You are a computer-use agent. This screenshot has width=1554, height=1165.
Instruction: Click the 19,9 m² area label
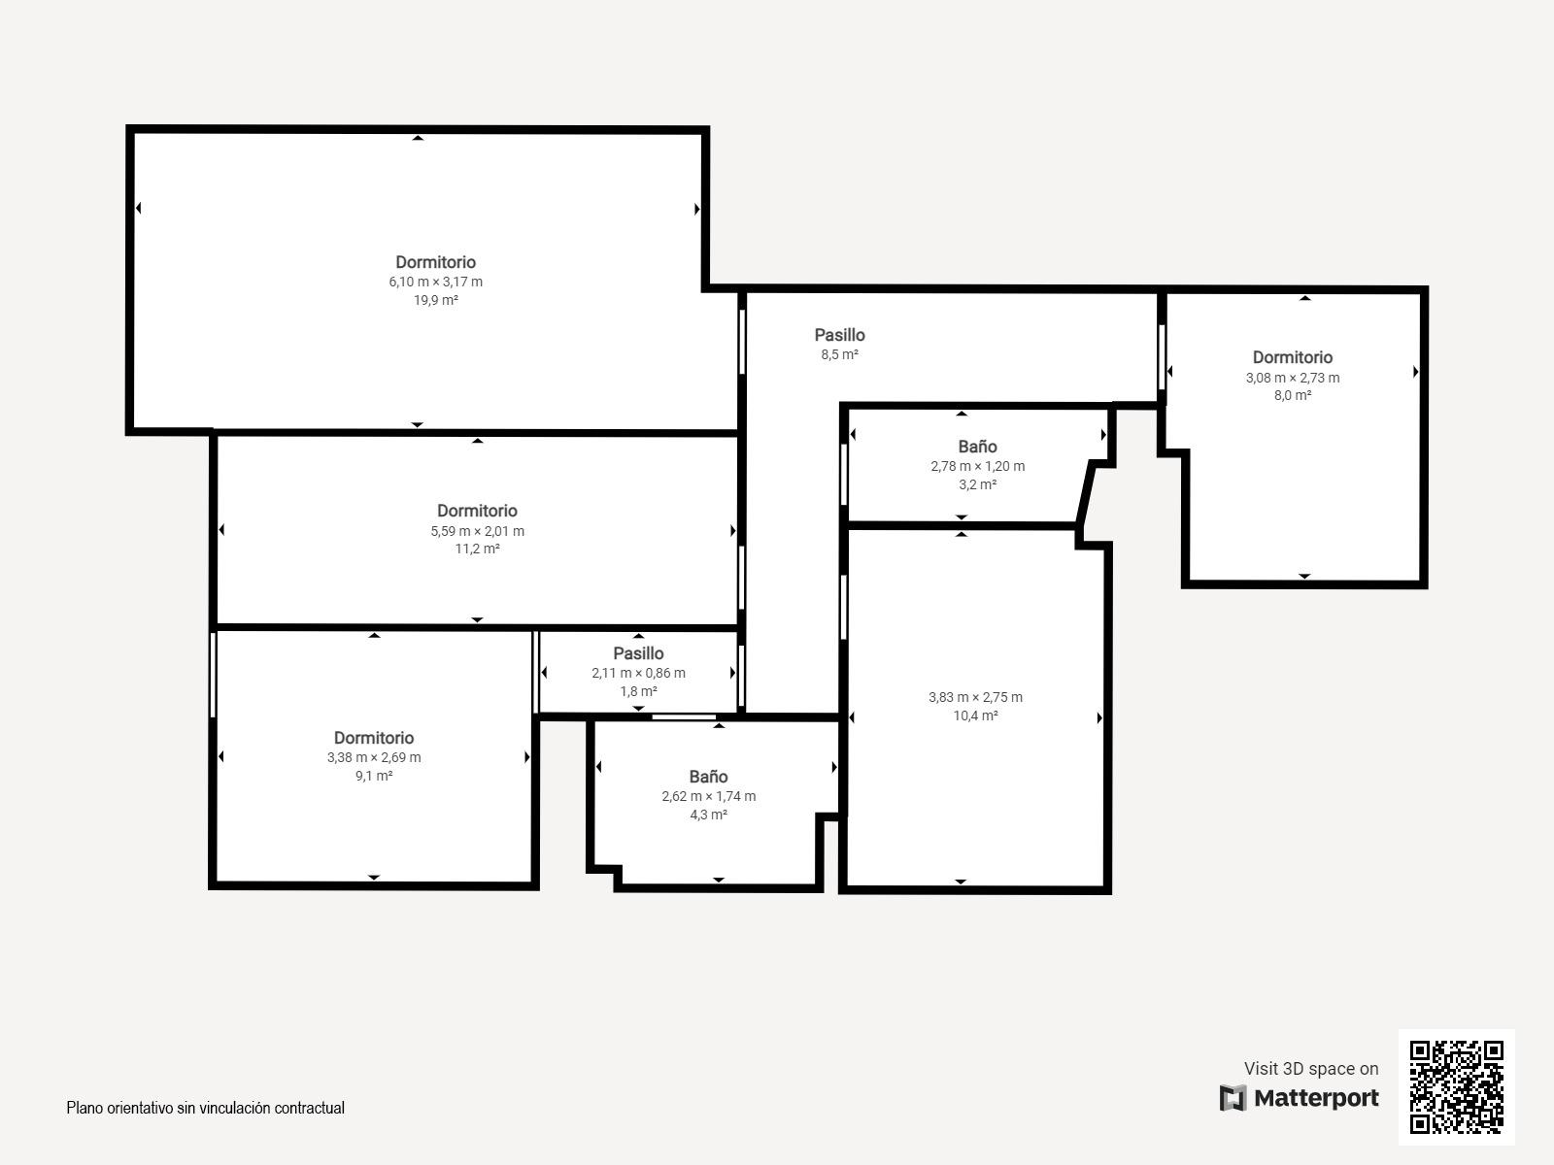pos(435,300)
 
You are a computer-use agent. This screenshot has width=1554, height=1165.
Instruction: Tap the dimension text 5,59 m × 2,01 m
pos(477,530)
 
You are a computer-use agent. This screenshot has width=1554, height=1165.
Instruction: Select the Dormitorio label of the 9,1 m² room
pos(374,738)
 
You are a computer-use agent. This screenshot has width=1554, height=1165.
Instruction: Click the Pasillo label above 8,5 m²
pos(840,335)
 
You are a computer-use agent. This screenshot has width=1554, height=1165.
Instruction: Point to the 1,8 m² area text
pos(638,691)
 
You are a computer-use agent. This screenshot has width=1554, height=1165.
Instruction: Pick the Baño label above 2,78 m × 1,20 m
pos(978,447)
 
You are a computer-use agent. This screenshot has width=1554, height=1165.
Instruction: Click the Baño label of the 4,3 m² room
pos(709,777)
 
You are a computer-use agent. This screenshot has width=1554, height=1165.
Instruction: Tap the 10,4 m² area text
pos(975,716)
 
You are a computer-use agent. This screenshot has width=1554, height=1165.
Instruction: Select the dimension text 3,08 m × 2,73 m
pos(1293,378)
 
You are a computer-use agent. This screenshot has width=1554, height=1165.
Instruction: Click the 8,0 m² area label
pos(1293,395)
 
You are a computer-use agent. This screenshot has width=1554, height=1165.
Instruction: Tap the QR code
pos(1456,1087)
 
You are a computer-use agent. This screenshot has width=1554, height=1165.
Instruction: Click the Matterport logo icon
pos(1233,1098)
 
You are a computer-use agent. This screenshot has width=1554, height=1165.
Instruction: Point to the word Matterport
pos(1316,1098)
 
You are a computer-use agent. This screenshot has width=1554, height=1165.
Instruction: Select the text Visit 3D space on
pos(1311,1069)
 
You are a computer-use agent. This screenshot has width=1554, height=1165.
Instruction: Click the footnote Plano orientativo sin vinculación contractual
pos(205,1108)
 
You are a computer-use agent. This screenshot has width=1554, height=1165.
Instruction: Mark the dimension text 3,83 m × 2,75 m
pos(975,697)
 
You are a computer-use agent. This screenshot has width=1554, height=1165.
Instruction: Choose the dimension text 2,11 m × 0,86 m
pos(638,673)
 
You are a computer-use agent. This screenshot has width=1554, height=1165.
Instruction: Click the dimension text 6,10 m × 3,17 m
pos(435,282)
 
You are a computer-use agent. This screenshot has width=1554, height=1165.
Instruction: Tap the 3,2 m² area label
pos(978,484)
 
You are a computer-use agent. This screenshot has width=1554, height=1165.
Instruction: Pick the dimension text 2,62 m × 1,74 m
pos(709,796)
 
